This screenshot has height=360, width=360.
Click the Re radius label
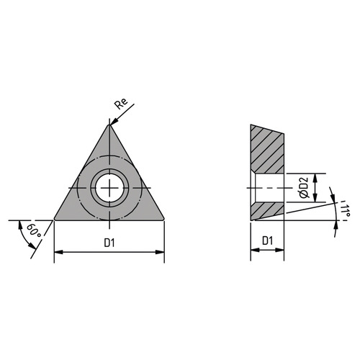[121, 104]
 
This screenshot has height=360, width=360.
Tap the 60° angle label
[34, 230]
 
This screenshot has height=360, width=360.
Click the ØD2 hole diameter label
[304, 188]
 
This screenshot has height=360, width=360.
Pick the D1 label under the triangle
[109, 243]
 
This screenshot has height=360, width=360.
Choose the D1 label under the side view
[267, 240]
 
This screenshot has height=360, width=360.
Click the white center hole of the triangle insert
[109, 187]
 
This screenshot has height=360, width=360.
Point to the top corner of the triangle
[109, 125]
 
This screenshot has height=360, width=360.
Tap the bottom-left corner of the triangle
[54, 219]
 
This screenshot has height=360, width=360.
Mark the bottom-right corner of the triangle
[164, 219]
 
